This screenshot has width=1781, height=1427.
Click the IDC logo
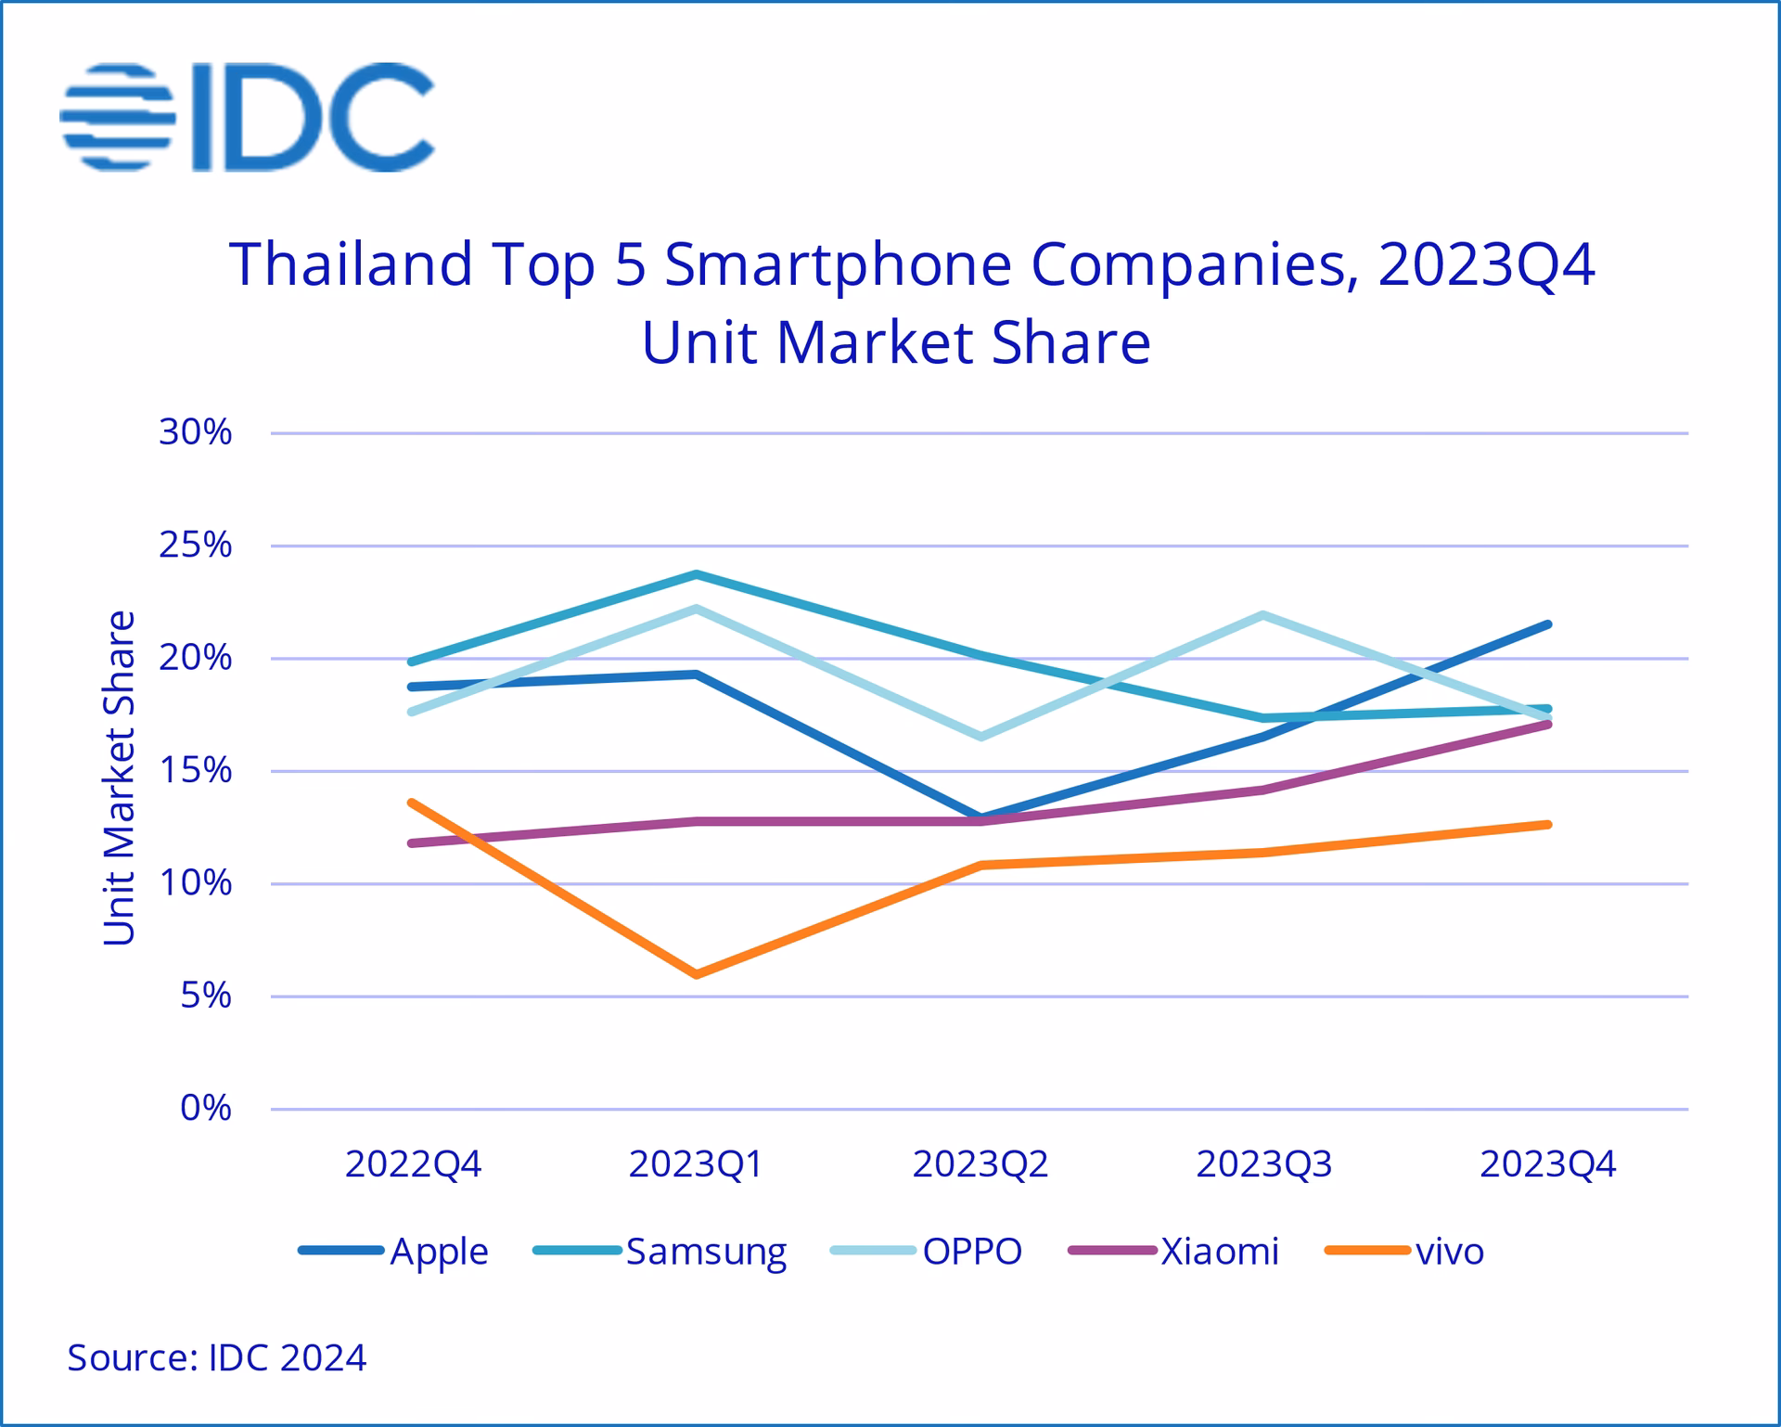pyautogui.click(x=247, y=117)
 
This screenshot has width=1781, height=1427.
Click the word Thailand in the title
pyautogui.click(x=352, y=264)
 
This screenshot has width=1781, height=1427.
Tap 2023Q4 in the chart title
pyautogui.click(x=1486, y=264)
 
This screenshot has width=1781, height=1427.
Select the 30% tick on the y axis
pyautogui.click(x=195, y=432)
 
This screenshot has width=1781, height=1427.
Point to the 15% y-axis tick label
pyautogui.click(x=195, y=770)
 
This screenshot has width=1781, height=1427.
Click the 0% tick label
pyautogui.click(x=206, y=1108)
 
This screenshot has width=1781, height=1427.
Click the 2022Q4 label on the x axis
pyautogui.click(x=413, y=1163)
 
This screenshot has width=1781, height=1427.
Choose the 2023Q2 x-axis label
pyautogui.click(x=980, y=1163)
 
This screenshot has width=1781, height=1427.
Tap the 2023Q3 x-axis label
pyautogui.click(x=1263, y=1163)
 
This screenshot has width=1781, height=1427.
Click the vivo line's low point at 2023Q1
pyautogui.click(x=697, y=974)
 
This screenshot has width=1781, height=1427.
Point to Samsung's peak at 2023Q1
pyautogui.click(x=697, y=574)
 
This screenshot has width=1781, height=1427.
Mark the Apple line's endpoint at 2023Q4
pyautogui.click(x=1547, y=624)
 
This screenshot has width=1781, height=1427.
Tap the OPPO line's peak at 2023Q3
pyautogui.click(x=1263, y=615)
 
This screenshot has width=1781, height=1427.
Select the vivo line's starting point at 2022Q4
pyautogui.click(x=412, y=803)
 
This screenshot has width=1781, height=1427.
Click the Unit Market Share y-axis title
pyautogui.click(x=119, y=778)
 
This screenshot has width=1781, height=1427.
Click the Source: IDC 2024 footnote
pyautogui.click(x=216, y=1357)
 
